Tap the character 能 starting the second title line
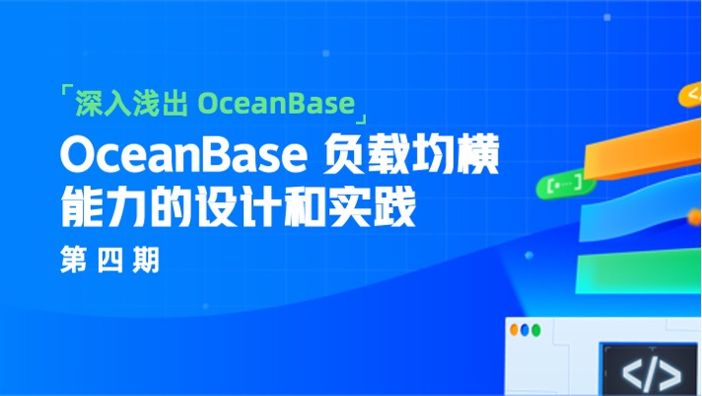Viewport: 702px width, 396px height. (82, 210)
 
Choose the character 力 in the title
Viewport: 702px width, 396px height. (134, 210)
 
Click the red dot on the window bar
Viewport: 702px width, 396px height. (514, 330)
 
